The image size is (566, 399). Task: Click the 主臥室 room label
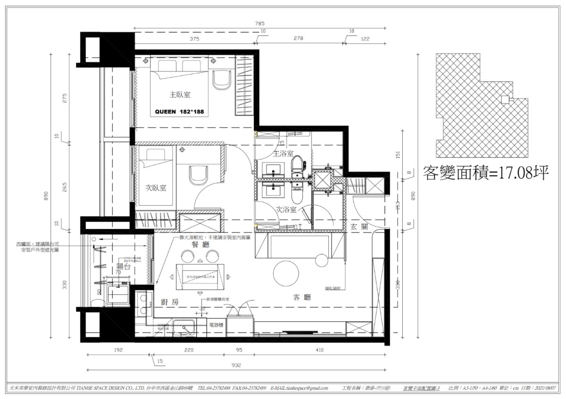click(180, 95)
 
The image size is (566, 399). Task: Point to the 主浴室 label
click(283, 154)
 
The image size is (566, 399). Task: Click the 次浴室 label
click(286, 210)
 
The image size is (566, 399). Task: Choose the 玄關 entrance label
click(359, 226)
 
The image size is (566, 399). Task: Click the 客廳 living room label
click(302, 297)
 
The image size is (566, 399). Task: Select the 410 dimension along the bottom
click(320, 350)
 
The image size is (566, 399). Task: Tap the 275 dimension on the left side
click(65, 98)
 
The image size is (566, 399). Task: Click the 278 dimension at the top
click(298, 40)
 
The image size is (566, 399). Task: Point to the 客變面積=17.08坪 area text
click(486, 172)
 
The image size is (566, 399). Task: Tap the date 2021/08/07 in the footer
click(544, 388)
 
